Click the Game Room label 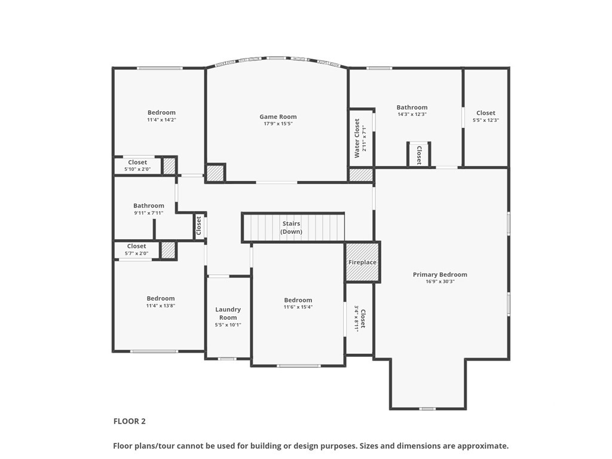click(278, 117)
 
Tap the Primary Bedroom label click(440, 274)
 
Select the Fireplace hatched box click(363, 262)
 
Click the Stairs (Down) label click(292, 228)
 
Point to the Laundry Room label click(228, 313)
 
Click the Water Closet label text click(357, 138)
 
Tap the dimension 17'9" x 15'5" click(278, 124)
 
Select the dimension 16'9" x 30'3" click(440, 281)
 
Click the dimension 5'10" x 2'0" click(137, 169)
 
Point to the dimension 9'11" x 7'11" click(149, 213)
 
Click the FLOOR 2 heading click(130, 421)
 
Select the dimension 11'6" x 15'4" click(298, 307)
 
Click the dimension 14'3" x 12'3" click(412, 114)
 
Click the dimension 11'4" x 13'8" click(161, 305)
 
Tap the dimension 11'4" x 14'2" click(161, 120)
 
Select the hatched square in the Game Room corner click(215, 173)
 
